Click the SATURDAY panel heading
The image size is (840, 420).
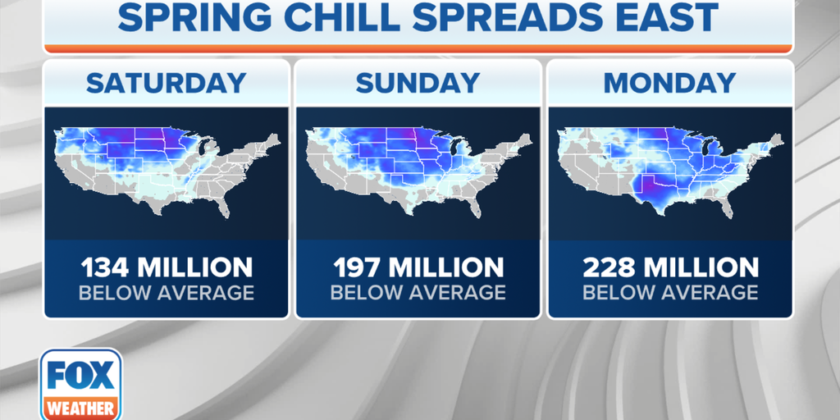(166, 83)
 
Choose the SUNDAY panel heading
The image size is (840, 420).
(418, 83)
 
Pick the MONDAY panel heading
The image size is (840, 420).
(669, 83)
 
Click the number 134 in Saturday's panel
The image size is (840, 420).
(104, 267)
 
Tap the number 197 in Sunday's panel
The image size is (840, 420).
(356, 267)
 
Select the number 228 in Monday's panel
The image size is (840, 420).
(609, 267)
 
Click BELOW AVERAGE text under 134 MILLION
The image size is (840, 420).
(166, 293)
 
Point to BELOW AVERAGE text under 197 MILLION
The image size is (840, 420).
(418, 293)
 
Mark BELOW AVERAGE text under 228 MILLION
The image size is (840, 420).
(669, 293)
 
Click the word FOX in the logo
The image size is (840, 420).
(80, 376)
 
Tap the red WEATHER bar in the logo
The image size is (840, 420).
(80, 407)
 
